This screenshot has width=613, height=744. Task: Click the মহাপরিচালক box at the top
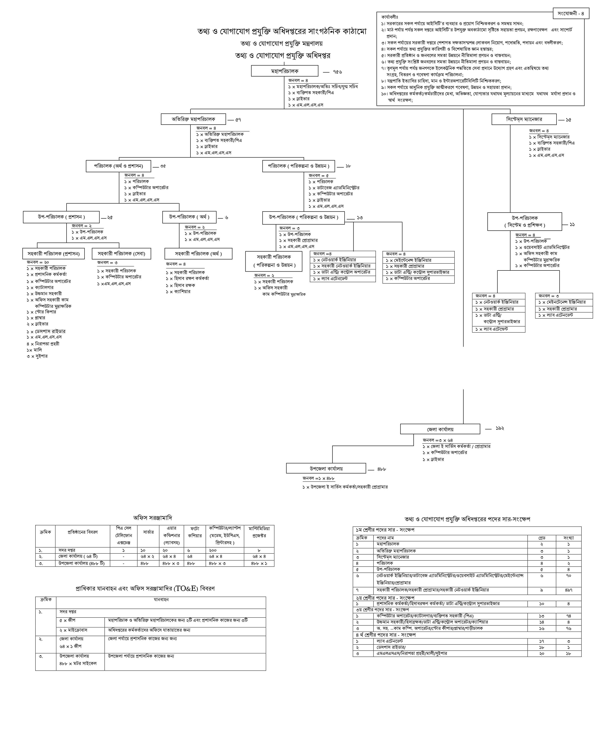coord(284,71)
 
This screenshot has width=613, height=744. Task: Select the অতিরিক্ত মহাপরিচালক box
coord(193,119)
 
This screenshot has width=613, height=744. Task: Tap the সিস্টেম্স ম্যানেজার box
coord(524,119)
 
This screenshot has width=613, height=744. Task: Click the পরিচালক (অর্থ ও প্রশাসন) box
coord(118,166)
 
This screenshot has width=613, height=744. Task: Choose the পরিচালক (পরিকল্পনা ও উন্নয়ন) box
coord(298,166)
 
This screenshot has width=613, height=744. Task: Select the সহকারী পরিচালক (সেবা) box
coord(121,254)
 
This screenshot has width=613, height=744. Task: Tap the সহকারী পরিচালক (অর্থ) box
coord(198,254)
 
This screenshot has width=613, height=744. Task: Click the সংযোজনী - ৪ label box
coord(571,13)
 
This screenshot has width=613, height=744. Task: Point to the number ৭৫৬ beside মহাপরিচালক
coord(337,72)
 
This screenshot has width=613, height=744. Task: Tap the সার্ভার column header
coord(148,532)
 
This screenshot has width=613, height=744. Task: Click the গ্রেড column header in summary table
coord(541,538)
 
